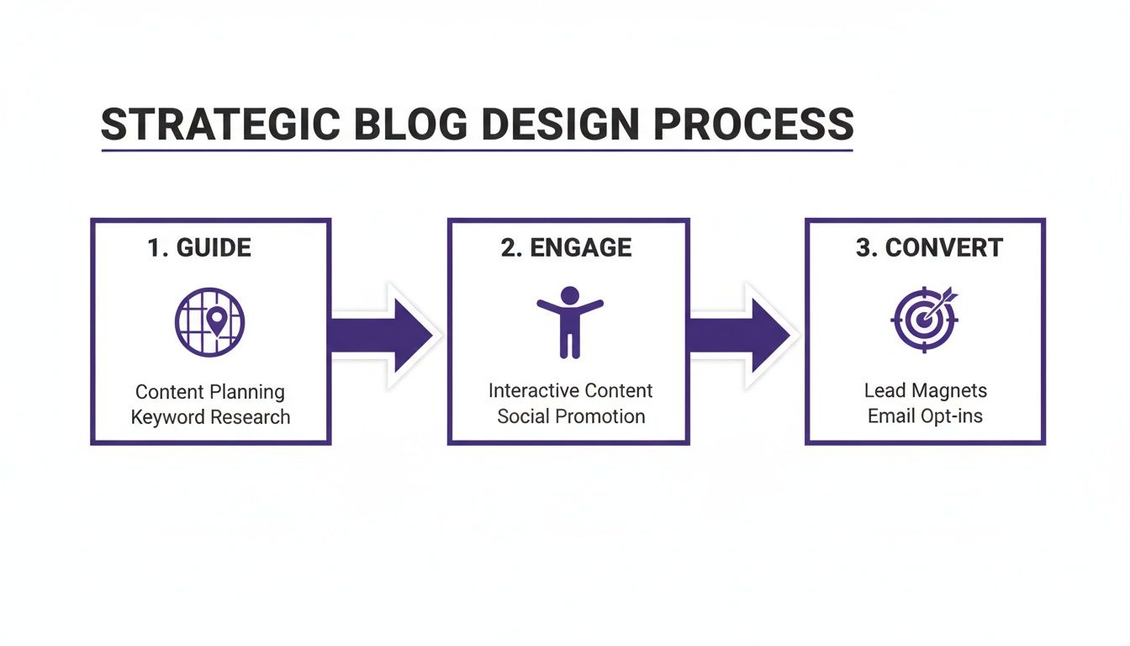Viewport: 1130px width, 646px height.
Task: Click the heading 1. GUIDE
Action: click(199, 248)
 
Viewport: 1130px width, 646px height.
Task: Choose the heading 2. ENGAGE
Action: click(566, 248)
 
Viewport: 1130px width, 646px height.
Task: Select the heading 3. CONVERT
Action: click(929, 248)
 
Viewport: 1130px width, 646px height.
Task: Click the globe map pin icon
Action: click(210, 322)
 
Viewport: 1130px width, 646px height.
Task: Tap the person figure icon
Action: click(570, 321)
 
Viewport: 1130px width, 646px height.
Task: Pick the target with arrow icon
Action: click(924, 320)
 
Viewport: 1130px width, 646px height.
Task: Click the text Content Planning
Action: click(210, 392)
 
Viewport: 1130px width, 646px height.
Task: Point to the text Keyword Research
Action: click(210, 417)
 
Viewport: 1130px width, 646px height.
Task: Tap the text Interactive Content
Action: click(570, 391)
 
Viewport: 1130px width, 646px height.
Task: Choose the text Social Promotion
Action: click(571, 416)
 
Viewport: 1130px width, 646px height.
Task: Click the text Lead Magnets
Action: click(925, 391)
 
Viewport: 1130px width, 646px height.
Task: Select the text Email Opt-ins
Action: click(925, 416)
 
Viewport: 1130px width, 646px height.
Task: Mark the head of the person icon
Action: click(570, 295)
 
